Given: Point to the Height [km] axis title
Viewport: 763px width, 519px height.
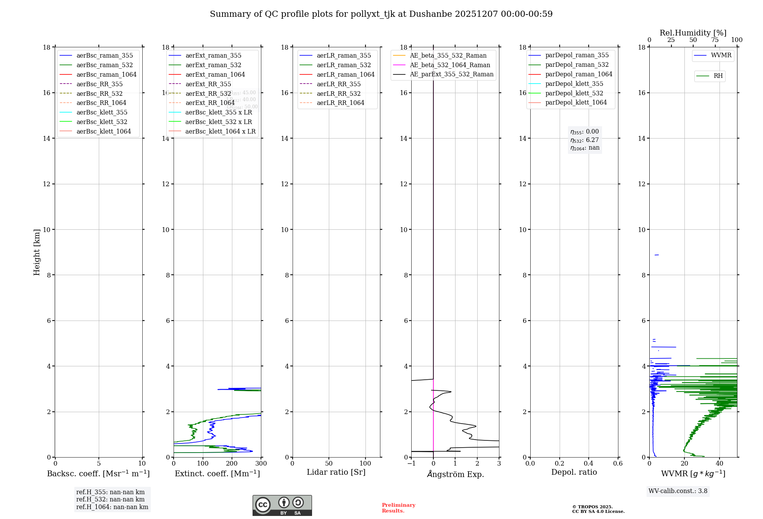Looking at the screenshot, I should point(37,252).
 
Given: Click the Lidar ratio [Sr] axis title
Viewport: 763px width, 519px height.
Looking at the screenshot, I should point(336,472).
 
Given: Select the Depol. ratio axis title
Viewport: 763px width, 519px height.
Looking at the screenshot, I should point(574,472).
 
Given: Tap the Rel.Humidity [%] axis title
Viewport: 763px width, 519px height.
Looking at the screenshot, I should point(693,33).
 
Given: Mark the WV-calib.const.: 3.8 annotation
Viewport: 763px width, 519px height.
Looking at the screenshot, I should point(678,491).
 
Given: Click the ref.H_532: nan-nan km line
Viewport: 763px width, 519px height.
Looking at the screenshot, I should point(110,500).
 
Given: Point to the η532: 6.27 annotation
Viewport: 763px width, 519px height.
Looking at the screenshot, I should point(584,140).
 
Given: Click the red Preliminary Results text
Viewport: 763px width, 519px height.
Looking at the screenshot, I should point(398,508).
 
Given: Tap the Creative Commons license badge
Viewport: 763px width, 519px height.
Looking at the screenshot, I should point(282,505).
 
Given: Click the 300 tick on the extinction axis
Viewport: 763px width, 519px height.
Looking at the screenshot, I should point(261,464).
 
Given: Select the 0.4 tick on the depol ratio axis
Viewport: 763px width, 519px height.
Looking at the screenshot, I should point(589,464).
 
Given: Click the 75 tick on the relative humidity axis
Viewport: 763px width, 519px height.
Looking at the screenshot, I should point(715,40).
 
